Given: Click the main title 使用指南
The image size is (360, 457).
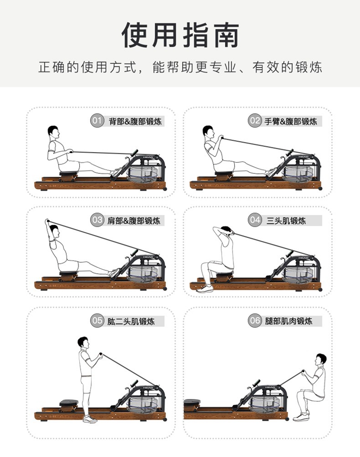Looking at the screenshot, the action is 180,35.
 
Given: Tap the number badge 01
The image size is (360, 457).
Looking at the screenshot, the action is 97,120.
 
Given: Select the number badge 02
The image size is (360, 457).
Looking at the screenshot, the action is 254,120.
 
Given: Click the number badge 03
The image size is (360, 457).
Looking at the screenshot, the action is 97,220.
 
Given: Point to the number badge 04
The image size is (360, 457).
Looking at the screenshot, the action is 254,220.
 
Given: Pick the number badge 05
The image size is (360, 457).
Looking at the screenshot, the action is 97,321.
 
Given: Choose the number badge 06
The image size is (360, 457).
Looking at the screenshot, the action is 254,321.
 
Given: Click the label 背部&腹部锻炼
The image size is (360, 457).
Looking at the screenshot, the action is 135,121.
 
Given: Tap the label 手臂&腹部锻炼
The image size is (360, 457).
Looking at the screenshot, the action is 290,121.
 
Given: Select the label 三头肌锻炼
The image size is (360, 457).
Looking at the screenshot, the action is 286,221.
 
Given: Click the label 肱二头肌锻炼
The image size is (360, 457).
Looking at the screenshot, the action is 131,322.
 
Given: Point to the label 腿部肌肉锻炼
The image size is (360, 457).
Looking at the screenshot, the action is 288,321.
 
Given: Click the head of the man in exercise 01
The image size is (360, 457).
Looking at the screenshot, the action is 54,132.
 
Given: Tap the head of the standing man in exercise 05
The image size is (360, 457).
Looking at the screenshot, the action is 83,343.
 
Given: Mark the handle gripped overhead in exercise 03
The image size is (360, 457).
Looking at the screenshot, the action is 47,221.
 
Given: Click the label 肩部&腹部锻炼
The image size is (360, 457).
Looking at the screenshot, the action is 134,221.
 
